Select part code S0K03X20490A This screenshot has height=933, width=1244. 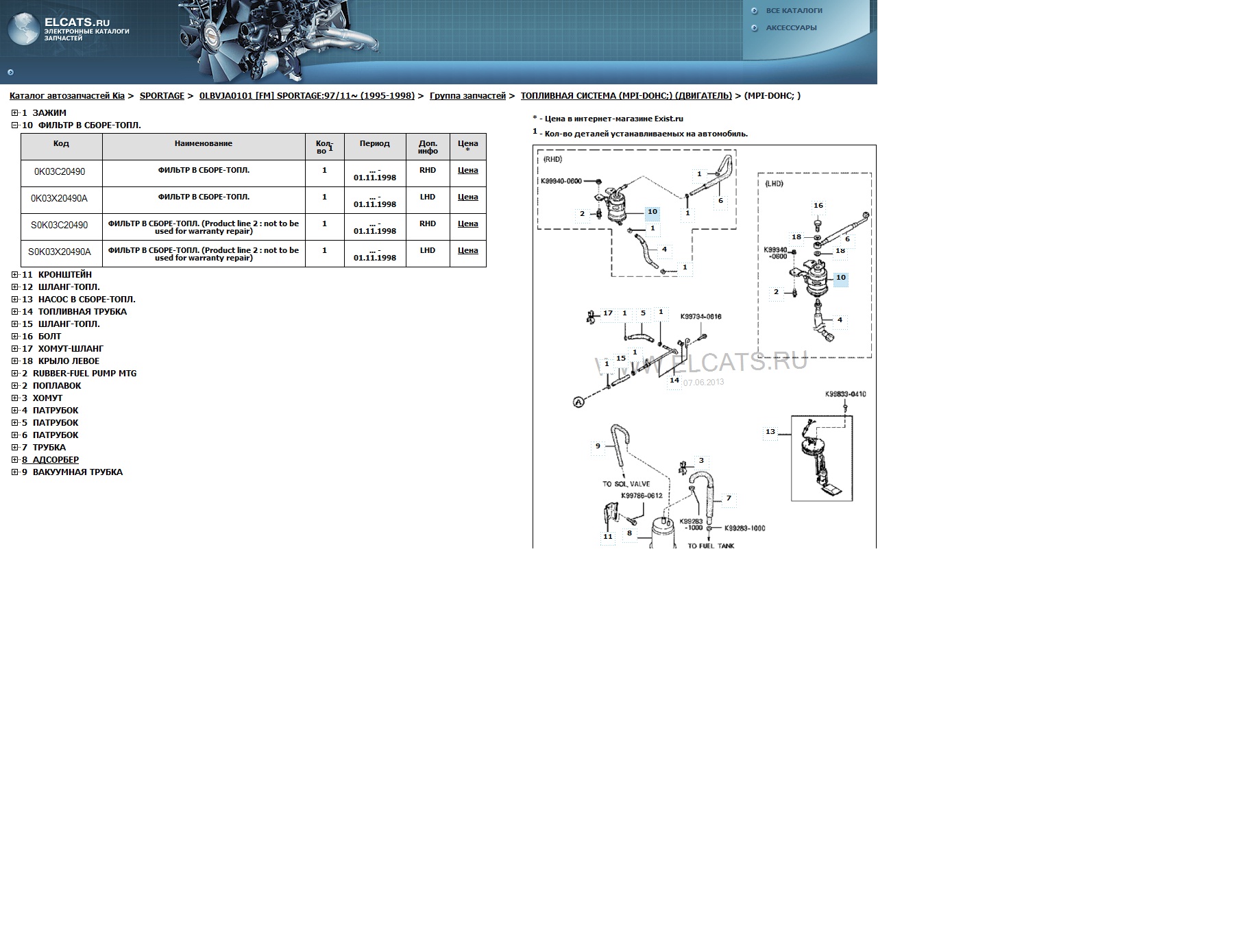(x=60, y=252)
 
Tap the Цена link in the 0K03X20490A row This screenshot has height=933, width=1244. (x=467, y=197)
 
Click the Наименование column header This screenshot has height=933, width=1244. (x=204, y=144)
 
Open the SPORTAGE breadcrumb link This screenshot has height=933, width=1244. (x=162, y=96)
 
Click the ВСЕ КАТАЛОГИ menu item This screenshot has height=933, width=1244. (x=794, y=11)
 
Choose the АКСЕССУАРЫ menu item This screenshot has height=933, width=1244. (x=791, y=28)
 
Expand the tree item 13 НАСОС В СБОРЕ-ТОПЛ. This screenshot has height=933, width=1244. (x=15, y=300)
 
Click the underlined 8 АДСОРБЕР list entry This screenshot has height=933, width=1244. (x=50, y=460)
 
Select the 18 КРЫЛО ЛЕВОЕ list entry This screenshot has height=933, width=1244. (x=60, y=361)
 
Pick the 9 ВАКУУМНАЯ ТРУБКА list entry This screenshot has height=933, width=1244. (x=72, y=472)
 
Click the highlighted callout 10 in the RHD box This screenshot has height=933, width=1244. (x=653, y=213)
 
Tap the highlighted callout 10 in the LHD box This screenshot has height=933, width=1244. (x=841, y=278)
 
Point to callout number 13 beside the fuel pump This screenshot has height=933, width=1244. (x=770, y=432)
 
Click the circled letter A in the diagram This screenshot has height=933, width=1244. (x=578, y=402)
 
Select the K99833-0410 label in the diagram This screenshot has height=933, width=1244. (x=845, y=394)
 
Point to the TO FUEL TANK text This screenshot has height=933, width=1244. (x=711, y=546)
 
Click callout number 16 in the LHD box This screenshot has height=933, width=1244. (x=818, y=206)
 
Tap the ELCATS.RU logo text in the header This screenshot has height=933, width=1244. (x=77, y=23)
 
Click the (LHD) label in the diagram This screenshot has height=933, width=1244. (x=774, y=184)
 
